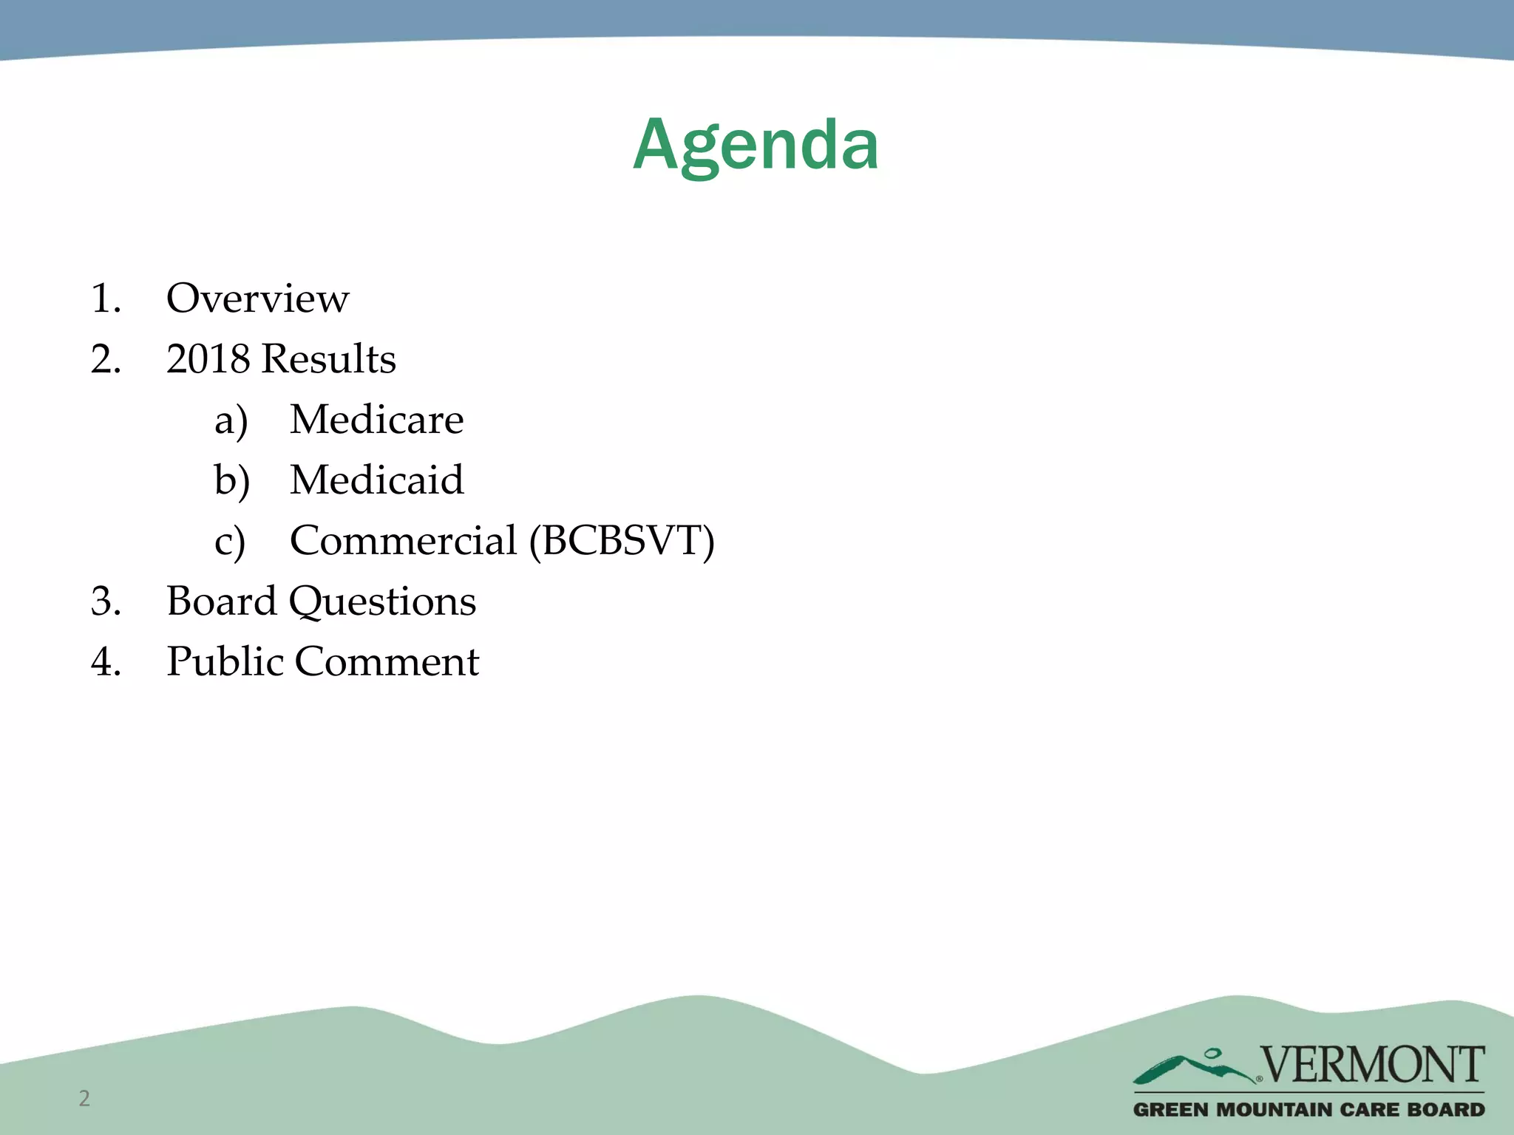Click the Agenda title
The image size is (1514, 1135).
point(756,146)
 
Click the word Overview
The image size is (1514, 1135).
point(257,299)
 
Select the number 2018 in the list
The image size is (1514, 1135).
point(208,359)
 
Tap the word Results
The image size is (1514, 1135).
point(329,359)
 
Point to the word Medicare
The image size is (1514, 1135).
point(376,420)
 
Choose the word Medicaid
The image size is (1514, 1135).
point(376,480)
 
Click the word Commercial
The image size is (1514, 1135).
point(403,540)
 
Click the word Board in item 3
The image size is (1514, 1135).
point(221,601)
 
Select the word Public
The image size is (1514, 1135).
point(225,661)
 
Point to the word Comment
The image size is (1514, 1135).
point(387,661)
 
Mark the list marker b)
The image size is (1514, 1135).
point(231,481)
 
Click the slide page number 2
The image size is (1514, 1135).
point(84,1098)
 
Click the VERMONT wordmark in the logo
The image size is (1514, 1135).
point(1372,1065)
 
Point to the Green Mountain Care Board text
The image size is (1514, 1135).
point(1308,1110)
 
